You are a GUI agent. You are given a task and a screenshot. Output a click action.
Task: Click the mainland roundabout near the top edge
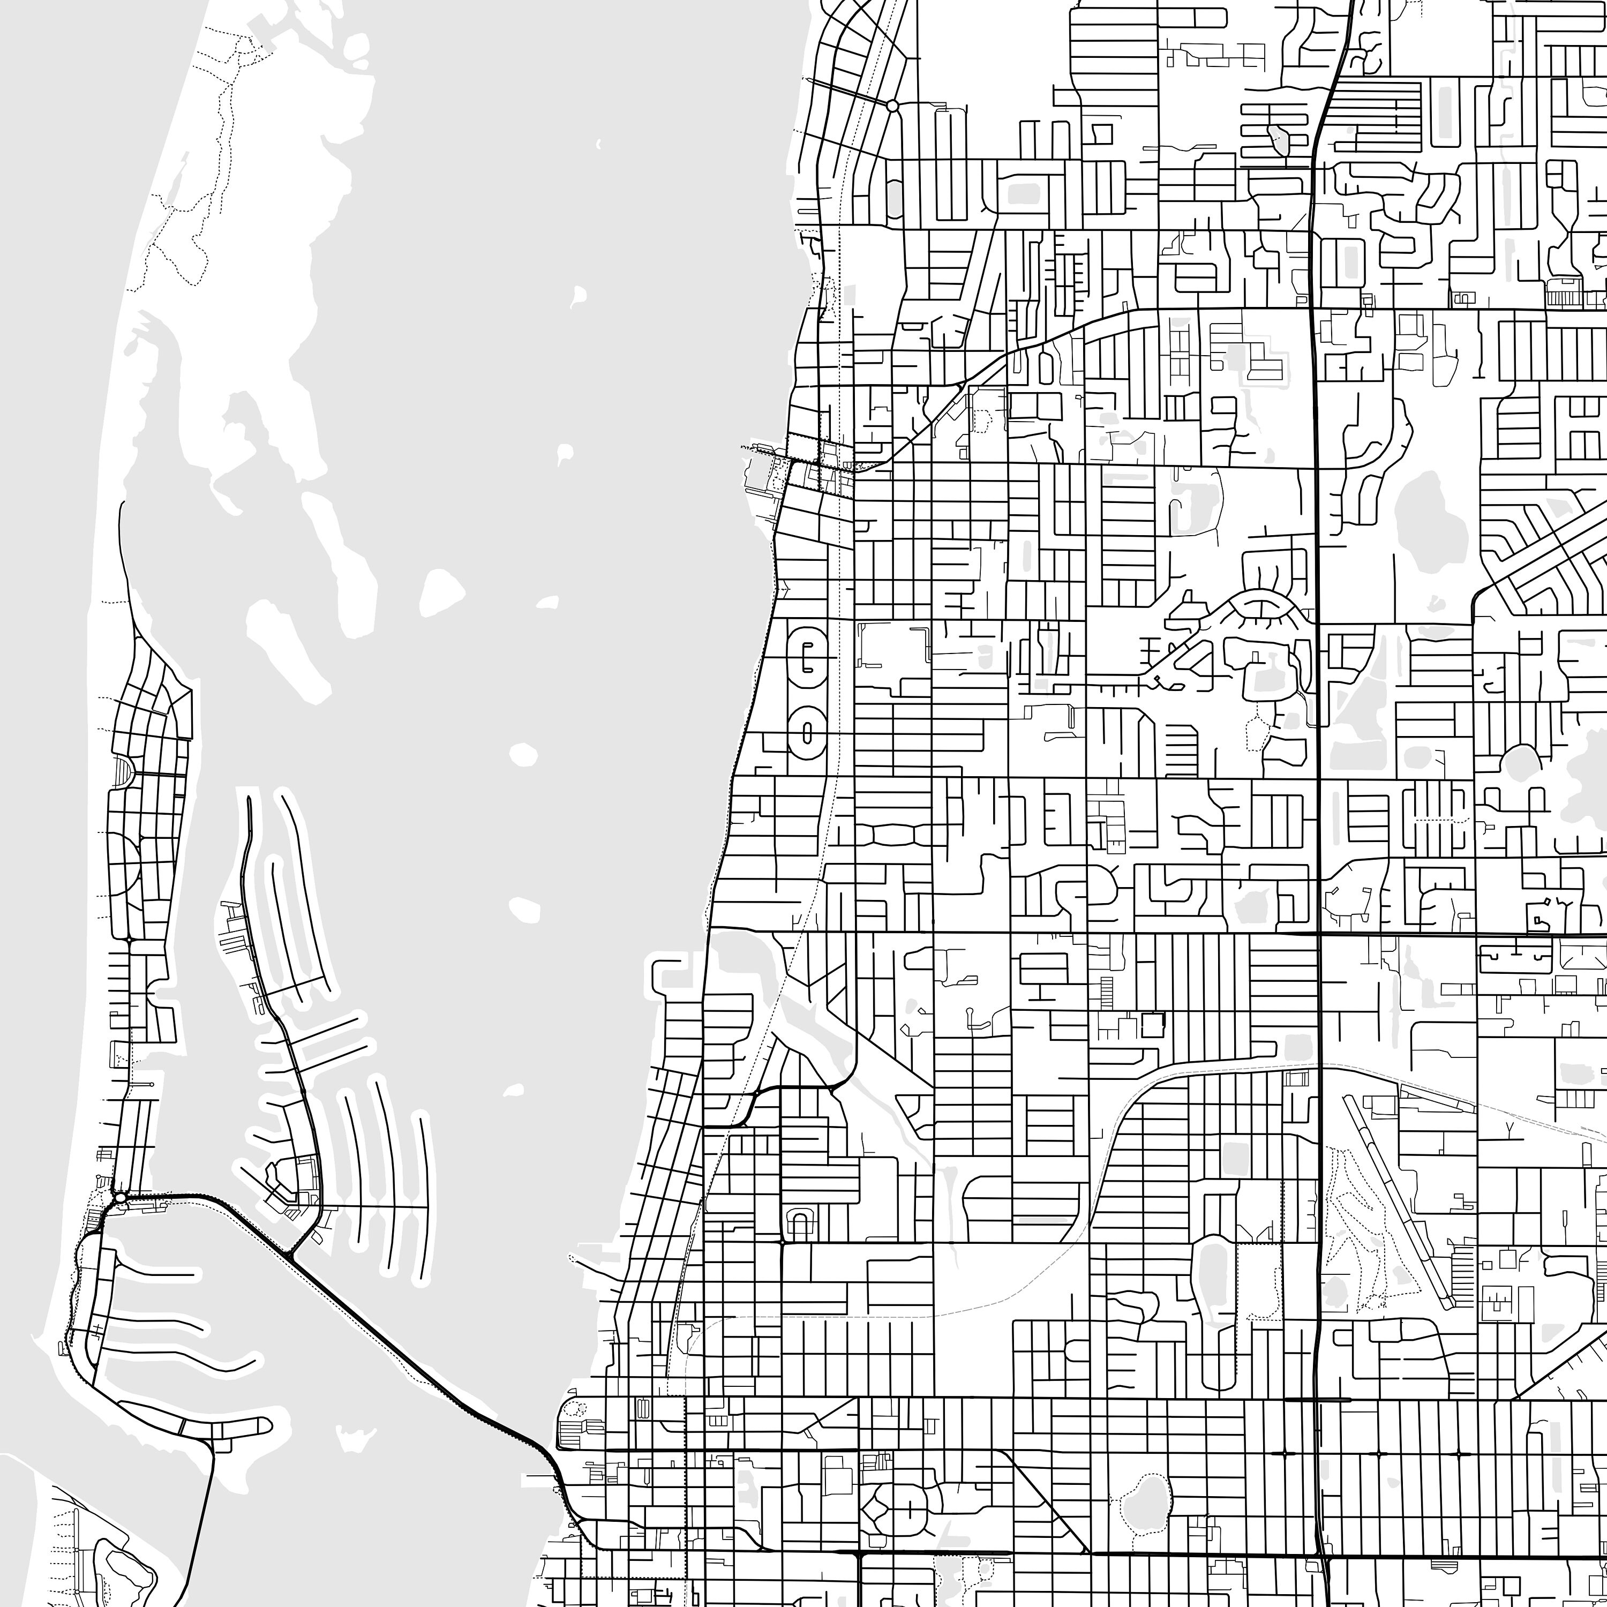click(892, 106)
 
